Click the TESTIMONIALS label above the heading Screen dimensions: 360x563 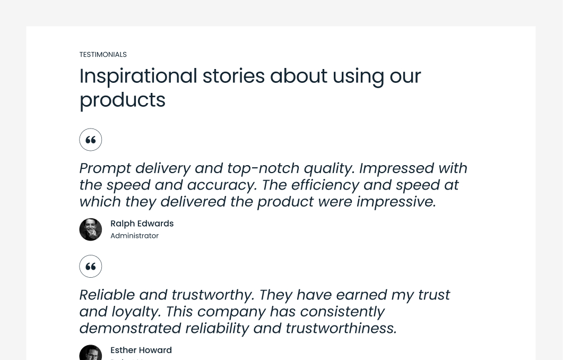[103, 55]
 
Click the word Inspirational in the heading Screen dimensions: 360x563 [138, 76]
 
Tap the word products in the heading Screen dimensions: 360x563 [122, 100]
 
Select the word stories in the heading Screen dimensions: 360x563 [233, 76]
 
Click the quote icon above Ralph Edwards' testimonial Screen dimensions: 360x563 [91, 140]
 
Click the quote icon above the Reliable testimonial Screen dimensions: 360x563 [91, 266]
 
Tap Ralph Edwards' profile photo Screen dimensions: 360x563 [91, 229]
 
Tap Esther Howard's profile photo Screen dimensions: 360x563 [91, 353]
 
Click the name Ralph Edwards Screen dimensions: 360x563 [142, 224]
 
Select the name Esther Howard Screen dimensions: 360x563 [141, 350]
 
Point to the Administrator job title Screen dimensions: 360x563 [134, 236]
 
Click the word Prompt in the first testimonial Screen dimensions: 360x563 [105, 168]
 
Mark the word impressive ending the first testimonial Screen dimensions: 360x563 [395, 202]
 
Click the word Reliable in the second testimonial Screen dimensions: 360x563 [110, 295]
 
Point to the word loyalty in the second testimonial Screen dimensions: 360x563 [135, 312]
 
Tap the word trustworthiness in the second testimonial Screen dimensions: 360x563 [340, 328]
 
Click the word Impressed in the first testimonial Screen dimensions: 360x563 [395, 168]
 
